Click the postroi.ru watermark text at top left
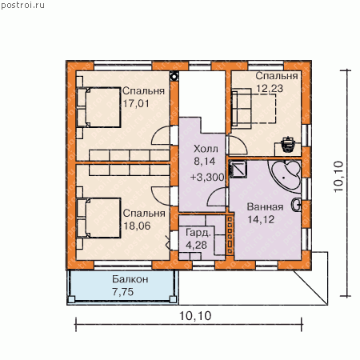point(22,5)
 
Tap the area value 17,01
point(136,103)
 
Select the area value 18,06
point(137,226)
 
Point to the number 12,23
point(270,88)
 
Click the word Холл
point(206,149)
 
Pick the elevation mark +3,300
point(207,177)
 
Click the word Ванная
point(265,206)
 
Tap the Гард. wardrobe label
point(198,233)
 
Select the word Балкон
point(130,279)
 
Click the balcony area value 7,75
point(123,292)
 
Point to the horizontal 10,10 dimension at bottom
point(195,316)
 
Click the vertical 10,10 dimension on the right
point(338,176)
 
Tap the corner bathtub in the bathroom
point(286,175)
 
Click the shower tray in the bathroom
point(238,170)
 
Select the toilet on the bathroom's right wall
point(296,206)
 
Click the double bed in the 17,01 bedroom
point(99,107)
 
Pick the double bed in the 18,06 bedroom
point(99,218)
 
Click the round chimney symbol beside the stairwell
point(174,77)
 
